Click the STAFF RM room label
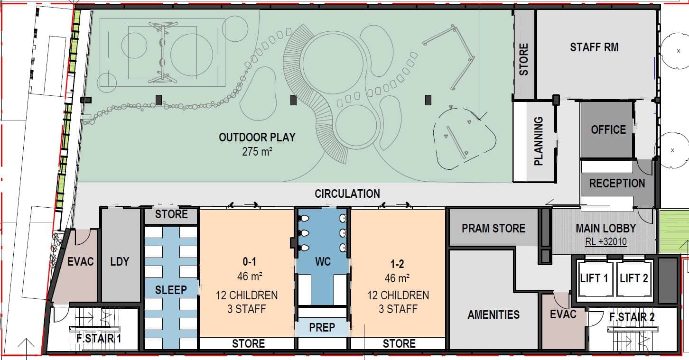[x=594, y=47]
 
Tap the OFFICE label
[x=608, y=130]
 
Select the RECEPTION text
[x=617, y=184]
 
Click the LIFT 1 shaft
[x=594, y=278]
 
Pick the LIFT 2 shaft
[x=633, y=278]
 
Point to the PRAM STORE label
[x=493, y=229]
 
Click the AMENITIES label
[x=493, y=314]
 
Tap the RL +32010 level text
[x=606, y=241]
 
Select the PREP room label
[x=322, y=327]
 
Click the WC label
[x=323, y=262]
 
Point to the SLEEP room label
[x=171, y=290]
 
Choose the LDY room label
[x=120, y=262]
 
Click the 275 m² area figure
[x=257, y=152]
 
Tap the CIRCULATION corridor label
[x=347, y=194]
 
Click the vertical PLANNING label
[x=538, y=141]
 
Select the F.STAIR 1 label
[x=99, y=339]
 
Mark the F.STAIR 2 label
[x=632, y=317]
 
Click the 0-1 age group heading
[x=250, y=262]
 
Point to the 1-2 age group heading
[x=397, y=264]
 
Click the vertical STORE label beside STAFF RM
[x=523, y=59]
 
